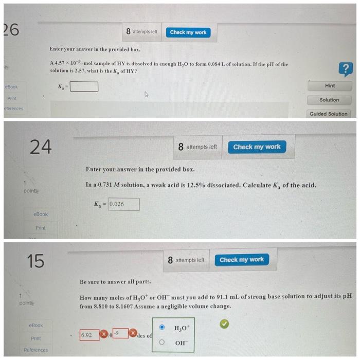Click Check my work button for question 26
pyautogui.click(x=188, y=32)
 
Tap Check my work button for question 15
pyautogui.click(x=241, y=260)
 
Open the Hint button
pyautogui.click(x=330, y=86)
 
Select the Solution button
pyautogui.click(x=329, y=100)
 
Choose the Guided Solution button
pyautogui.click(x=329, y=114)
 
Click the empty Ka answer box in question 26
pyautogui.click(x=84, y=86)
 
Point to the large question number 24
pyautogui.click(x=40, y=147)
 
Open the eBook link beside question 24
pyautogui.click(x=40, y=214)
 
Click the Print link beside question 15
pyautogui.click(x=35, y=338)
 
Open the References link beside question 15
pyautogui.click(x=35, y=350)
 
